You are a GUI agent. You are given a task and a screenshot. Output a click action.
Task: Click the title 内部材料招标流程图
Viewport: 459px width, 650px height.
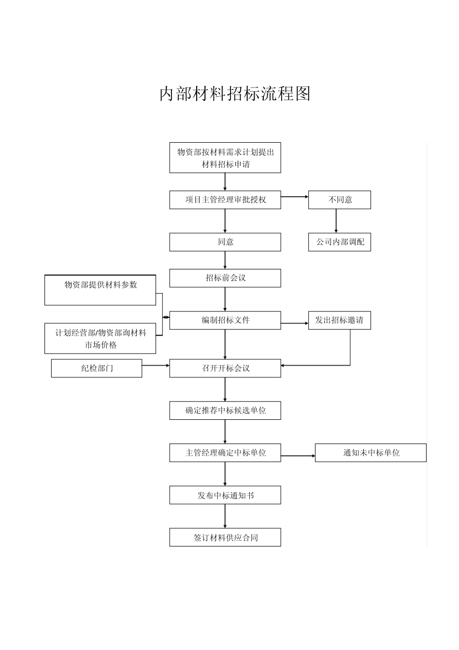coord(235,94)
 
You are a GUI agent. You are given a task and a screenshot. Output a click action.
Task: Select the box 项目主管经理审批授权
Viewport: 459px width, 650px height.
coord(225,200)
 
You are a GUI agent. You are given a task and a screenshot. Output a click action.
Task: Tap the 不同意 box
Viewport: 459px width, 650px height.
coord(340,200)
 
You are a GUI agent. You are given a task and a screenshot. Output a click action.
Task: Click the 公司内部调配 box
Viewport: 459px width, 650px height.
coord(340,242)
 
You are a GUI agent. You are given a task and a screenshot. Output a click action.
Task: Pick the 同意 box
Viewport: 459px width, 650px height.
coord(225,242)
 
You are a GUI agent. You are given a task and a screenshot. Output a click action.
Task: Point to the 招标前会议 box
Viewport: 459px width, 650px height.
coord(225,278)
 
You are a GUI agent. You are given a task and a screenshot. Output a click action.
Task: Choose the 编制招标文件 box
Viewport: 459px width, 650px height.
coord(225,320)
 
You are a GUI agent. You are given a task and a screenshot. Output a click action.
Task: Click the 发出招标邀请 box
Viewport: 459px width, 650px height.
coord(340,320)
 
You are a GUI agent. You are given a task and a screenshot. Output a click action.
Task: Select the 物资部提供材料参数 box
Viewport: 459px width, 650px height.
coord(100,290)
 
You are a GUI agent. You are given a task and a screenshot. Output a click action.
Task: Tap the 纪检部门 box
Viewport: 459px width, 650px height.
coord(97,368)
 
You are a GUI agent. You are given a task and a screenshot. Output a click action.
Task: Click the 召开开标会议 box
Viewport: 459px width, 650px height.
coord(225,368)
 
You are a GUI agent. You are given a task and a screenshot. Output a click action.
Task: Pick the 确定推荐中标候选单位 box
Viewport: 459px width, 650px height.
coord(225,411)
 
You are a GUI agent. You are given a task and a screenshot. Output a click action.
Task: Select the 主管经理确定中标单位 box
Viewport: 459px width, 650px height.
coord(225,453)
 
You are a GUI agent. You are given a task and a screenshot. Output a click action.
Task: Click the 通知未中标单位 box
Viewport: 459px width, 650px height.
coord(371,453)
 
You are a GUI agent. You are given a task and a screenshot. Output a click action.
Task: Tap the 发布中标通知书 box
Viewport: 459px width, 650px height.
coord(225,495)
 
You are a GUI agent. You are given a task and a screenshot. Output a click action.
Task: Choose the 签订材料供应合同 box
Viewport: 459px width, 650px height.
coord(225,537)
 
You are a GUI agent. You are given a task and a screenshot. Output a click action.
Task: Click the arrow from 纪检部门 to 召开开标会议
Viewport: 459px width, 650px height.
coord(156,365)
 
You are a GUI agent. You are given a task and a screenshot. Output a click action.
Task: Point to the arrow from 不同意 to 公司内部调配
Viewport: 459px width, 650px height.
coord(336,221)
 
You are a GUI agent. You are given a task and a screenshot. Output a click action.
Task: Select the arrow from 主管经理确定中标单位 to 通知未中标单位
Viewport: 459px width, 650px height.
coord(298,456)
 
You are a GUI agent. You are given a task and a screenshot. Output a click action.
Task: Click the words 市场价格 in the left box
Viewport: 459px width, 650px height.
coord(100,345)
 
